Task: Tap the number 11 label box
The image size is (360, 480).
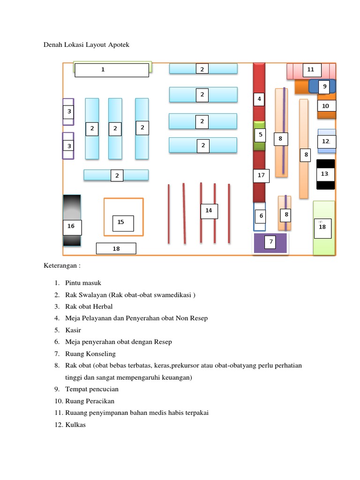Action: tap(310, 70)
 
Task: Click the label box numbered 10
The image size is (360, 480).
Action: tap(326, 106)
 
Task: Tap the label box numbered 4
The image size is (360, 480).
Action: tap(259, 99)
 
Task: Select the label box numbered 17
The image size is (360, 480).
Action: tap(261, 175)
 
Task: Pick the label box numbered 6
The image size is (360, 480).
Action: tap(261, 216)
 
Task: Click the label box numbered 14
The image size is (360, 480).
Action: tap(209, 210)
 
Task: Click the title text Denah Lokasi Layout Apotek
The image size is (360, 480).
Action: tap(87, 45)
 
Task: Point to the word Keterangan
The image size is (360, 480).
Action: tap(62, 265)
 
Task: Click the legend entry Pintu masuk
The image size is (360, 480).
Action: tap(83, 283)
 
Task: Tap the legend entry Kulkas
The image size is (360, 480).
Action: tap(75, 425)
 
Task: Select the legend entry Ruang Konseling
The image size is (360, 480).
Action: tap(90, 354)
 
